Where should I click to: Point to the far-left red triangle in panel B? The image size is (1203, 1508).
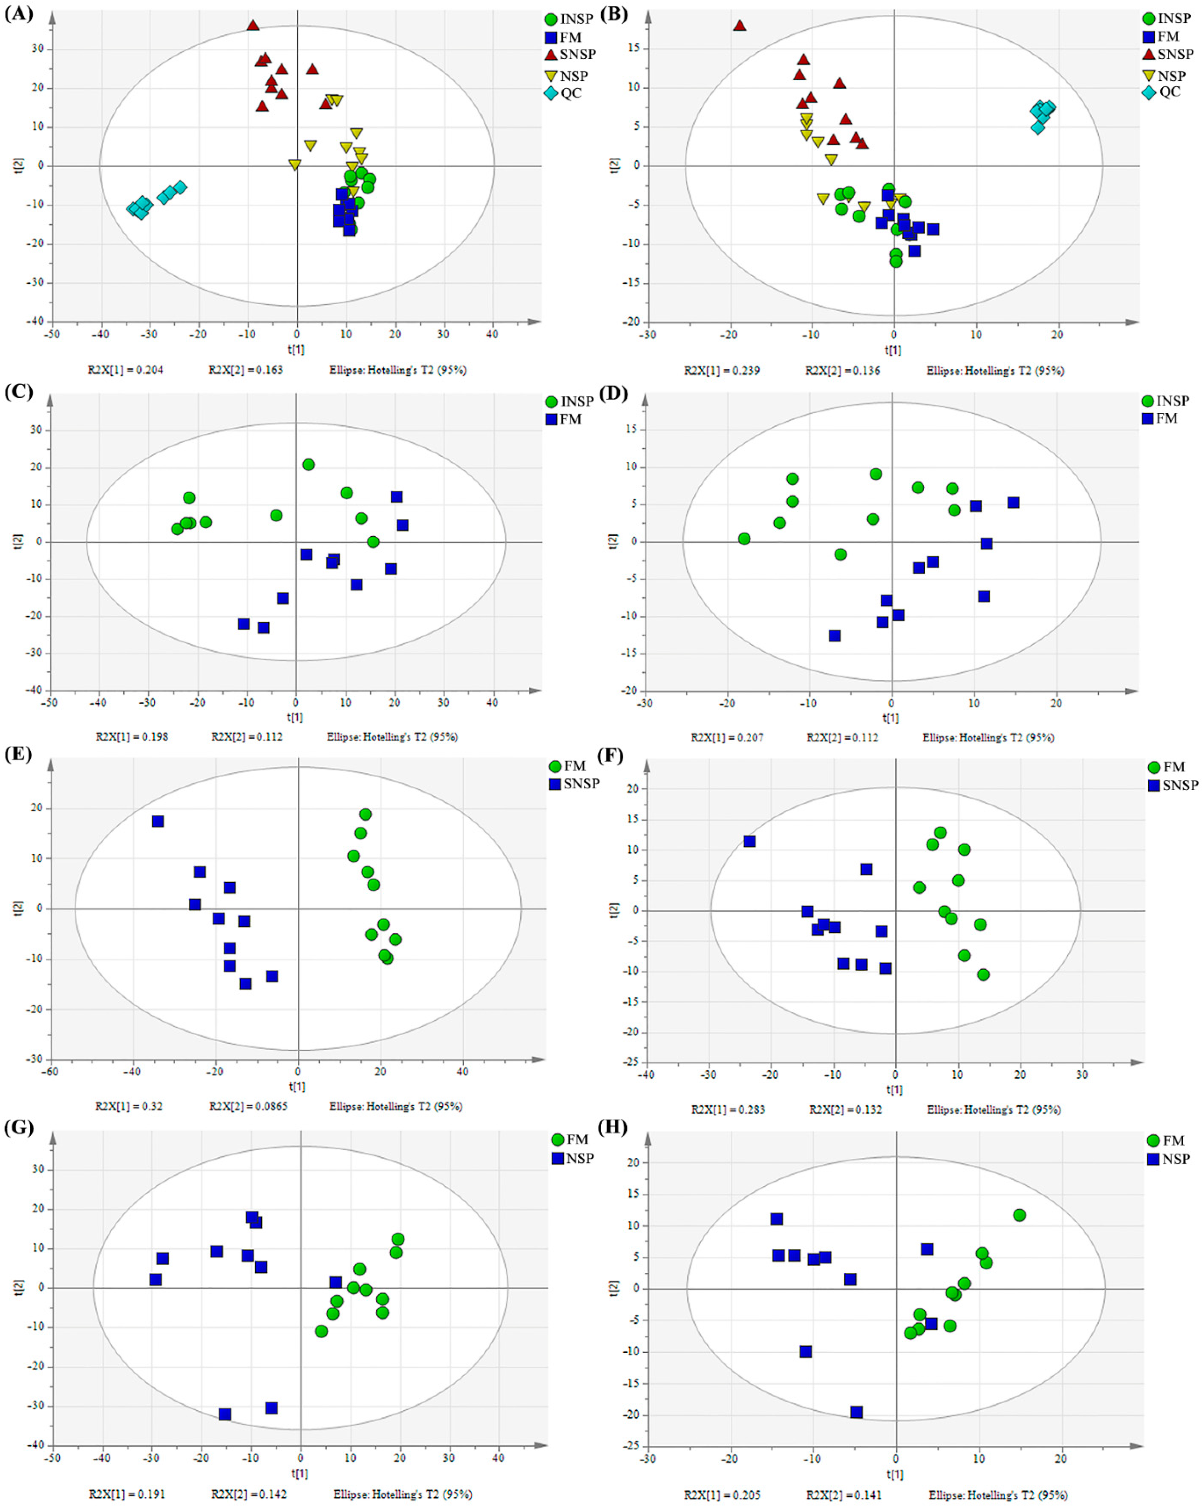tap(739, 25)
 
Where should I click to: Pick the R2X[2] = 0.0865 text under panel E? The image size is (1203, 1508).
tap(248, 1106)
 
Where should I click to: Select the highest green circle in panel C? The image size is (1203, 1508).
tap(308, 465)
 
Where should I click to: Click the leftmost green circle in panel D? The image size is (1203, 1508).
tap(744, 539)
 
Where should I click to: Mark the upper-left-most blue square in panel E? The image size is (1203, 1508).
tap(158, 820)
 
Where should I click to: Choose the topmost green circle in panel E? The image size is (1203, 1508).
tap(365, 814)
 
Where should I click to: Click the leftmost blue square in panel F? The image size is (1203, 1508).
tap(749, 841)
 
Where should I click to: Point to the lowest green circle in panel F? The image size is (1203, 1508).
tap(983, 974)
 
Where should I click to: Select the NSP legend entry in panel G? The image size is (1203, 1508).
tap(572, 1158)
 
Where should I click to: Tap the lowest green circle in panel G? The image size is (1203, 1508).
tap(321, 1331)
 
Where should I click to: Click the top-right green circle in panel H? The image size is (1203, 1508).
tap(1019, 1215)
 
